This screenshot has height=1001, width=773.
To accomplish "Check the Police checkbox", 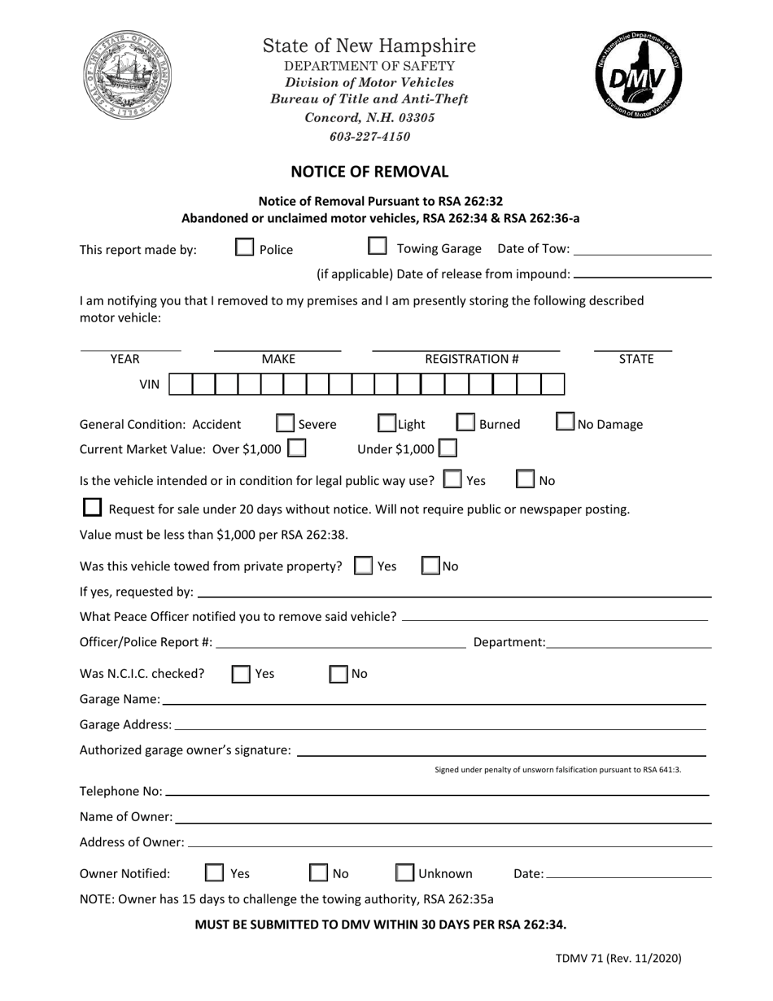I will click(x=244, y=247).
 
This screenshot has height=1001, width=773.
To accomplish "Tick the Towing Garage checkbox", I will click(x=378, y=247).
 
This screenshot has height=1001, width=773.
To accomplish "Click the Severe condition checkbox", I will click(x=285, y=423).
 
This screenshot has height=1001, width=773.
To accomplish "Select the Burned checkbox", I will click(x=465, y=422).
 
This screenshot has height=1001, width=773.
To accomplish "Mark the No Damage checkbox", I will click(x=566, y=422).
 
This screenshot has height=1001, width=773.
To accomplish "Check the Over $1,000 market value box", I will click(x=297, y=448).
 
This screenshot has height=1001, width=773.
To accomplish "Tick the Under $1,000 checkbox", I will click(x=448, y=448).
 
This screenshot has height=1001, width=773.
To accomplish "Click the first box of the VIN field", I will click(x=181, y=384).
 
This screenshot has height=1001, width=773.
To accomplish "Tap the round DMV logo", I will click(x=639, y=78).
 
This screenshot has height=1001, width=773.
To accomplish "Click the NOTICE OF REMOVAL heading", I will click(x=369, y=172).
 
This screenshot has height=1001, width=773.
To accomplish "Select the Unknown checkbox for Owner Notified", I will click(x=404, y=872).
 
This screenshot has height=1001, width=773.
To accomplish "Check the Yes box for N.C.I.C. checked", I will click(x=241, y=673).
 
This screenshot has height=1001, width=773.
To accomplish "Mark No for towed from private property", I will click(x=430, y=566).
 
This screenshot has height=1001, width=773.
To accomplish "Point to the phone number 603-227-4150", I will click(x=369, y=136).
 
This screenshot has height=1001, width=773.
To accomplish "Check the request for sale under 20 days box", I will click(x=93, y=508).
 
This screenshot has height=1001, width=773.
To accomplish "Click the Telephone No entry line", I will click(x=436, y=790).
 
